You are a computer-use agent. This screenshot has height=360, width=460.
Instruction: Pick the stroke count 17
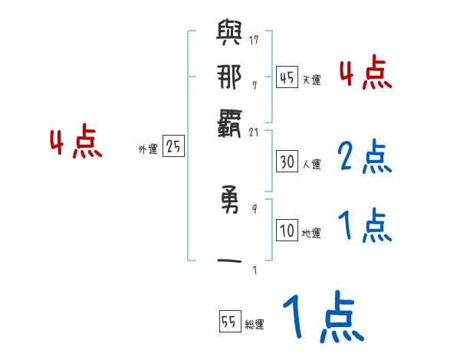254,40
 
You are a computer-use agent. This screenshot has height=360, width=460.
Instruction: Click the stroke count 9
254,208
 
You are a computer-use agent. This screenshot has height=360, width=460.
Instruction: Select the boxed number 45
287,77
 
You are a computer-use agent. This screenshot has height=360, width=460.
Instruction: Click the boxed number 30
287,162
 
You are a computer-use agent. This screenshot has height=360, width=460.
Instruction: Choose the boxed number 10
287,231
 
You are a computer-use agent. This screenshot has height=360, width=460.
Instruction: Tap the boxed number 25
173,147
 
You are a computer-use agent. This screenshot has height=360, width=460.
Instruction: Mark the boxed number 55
229,322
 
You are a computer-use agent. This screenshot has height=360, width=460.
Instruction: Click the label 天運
311,80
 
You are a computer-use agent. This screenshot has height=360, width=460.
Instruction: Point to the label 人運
311,164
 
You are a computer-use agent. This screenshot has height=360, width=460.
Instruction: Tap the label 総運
255,325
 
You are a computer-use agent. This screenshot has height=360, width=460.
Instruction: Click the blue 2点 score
365,157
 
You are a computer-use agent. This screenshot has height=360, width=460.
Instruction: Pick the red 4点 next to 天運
365,75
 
